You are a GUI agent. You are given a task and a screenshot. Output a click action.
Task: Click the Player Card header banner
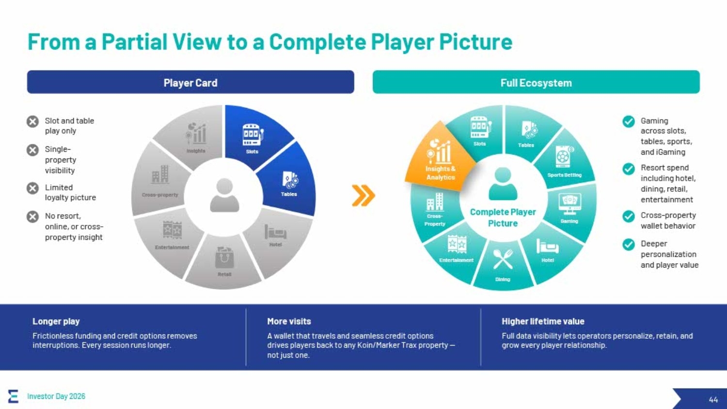point(190,82)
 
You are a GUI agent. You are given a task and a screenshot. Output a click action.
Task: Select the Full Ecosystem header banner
point(536,82)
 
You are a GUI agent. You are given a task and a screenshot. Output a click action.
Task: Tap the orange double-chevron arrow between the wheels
point(363,195)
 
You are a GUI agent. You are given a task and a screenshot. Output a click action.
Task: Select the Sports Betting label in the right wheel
point(565,175)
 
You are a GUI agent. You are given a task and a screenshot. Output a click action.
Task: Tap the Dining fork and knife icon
point(503,259)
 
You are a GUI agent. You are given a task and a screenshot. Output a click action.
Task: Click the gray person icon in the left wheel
point(224,195)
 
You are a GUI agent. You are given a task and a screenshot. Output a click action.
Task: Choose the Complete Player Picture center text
point(503,218)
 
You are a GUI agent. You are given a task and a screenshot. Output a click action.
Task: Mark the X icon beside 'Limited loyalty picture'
point(32,189)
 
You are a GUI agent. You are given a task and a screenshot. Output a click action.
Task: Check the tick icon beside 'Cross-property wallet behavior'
point(629,217)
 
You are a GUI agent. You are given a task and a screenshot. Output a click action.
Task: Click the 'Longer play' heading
point(56,321)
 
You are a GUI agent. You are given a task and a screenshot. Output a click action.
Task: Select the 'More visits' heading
point(289,321)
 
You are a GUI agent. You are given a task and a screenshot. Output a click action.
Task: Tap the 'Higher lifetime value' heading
point(543,321)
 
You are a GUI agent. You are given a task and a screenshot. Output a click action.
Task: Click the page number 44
point(713,399)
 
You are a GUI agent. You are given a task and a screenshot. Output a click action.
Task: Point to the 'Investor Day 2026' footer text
point(56,396)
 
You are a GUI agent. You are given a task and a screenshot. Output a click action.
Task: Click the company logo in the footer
point(13,396)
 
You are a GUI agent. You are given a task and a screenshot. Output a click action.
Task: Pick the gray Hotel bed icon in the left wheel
point(275,232)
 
